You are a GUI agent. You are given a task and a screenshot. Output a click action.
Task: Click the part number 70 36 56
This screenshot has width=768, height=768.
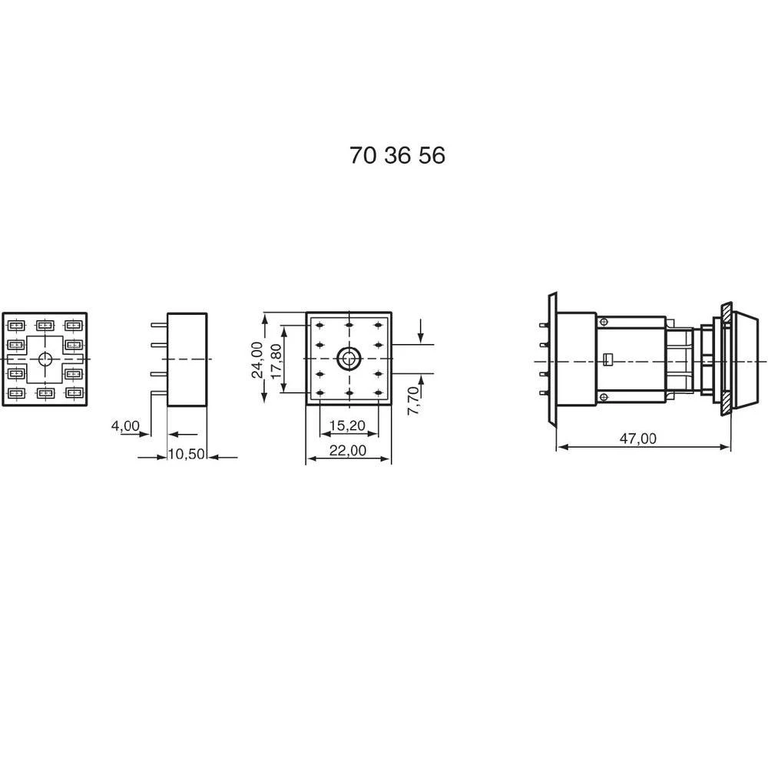click(x=397, y=156)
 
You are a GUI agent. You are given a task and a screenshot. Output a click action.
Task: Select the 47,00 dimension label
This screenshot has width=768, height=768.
click(x=639, y=439)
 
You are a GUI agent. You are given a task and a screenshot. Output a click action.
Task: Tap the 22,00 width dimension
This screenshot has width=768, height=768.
click(x=347, y=451)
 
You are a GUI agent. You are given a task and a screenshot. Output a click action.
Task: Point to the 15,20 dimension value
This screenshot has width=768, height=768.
click(x=347, y=425)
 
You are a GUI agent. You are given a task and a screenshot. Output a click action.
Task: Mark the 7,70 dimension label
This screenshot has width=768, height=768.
click(x=412, y=400)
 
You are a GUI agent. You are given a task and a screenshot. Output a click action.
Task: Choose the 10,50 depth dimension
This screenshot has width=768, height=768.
click(x=187, y=454)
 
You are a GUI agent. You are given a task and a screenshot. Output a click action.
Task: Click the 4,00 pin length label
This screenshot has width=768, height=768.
click(x=125, y=425)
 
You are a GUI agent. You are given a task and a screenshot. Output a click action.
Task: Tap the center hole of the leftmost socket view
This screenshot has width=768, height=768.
click(x=45, y=359)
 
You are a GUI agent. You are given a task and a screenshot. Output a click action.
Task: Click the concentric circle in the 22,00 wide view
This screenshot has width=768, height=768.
click(x=349, y=358)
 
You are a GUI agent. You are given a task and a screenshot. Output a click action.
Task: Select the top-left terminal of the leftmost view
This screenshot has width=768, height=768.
click(x=16, y=325)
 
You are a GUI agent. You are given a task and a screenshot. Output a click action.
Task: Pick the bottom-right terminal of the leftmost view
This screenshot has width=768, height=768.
click(x=74, y=393)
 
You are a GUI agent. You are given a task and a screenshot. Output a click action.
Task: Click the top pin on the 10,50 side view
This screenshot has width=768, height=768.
click(x=158, y=326)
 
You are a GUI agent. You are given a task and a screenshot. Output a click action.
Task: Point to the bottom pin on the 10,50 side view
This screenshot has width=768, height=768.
click(x=158, y=392)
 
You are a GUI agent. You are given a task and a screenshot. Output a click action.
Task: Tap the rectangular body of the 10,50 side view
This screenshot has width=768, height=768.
click(x=187, y=359)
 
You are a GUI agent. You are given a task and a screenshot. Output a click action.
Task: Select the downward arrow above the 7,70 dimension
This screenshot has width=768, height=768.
click(x=421, y=331)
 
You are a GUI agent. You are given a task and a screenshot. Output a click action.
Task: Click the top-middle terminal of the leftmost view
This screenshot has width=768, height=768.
click(x=45, y=325)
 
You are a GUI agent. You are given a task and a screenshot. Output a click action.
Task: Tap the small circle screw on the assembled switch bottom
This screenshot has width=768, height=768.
click(x=604, y=396)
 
